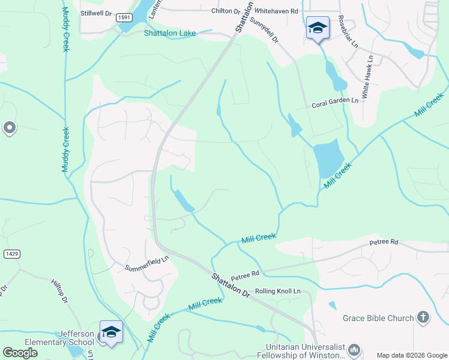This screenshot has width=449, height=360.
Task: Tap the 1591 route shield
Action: point(124,18)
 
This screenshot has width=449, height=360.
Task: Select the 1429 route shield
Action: point(11,254)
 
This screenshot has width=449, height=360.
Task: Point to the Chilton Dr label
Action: point(224,11)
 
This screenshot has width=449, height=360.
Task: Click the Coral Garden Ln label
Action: point(334,104)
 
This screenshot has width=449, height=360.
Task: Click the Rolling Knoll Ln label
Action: point(277,291)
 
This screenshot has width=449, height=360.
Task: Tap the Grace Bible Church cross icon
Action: point(423,317)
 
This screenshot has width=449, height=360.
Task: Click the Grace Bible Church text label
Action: point(378,318)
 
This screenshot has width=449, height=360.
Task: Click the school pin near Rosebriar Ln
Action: point(318,28)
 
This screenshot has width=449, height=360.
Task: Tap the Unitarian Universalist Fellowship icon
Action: point(355,349)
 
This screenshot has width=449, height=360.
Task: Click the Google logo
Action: point(20,353)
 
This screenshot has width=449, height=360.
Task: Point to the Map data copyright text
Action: point(411,355)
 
